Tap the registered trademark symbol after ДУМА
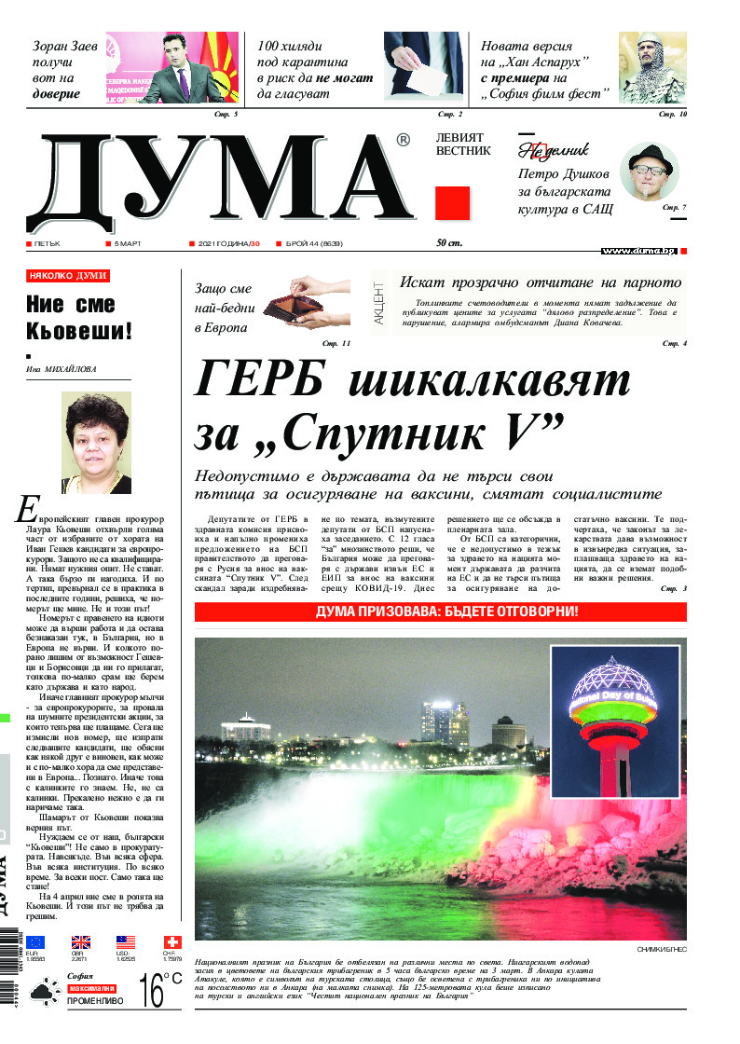[x=403, y=140]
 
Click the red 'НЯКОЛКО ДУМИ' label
[x=68, y=276]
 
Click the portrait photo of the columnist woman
[x=96, y=443]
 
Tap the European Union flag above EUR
[x=35, y=942]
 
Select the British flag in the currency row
[x=81, y=942]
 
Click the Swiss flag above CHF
[x=172, y=942]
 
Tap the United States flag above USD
[x=127, y=942]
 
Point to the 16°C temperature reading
[x=160, y=990]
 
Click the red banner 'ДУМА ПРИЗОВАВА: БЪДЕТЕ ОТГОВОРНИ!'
[x=441, y=612]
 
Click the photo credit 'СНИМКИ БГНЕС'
[x=662, y=949]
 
